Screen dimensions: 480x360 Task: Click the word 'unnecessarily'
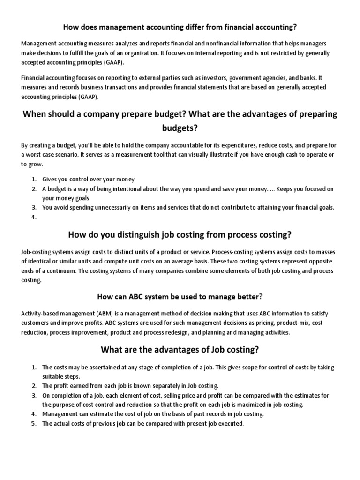[100, 207]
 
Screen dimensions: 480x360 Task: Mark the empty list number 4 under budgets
[34, 217]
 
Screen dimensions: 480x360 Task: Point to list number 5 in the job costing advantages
[34, 423]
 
